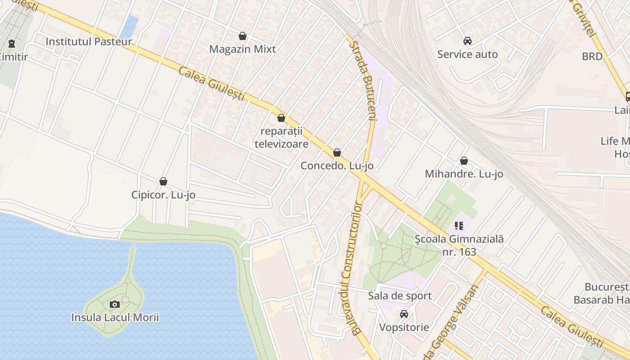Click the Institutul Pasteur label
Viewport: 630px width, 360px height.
pyautogui.click(x=89, y=42)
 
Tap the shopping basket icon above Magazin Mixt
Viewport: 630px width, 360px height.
pyautogui.click(x=243, y=36)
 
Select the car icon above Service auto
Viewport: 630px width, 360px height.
pyautogui.click(x=468, y=41)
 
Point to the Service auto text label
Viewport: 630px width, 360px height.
pyautogui.click(x=468, y=54)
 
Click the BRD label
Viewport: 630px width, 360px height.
pyautogui.click(x=592, y=56)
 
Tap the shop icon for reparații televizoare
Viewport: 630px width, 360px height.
pyautogui.click(x=281, y=118)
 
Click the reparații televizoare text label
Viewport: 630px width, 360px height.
pyautogui.click(x=282, y=138)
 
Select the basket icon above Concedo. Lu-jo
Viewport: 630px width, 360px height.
pyautogui.click(x=337, y=153)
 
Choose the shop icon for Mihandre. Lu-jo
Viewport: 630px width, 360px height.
pyautogui.click(x=464, y=161)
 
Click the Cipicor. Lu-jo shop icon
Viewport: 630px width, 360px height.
pyautogui.click(x=163, y=181)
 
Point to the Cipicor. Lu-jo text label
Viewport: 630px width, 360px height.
pyautogui.click(x=163, y=195)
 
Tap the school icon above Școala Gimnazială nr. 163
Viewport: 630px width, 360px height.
pyautogui.click(x=459, y=225)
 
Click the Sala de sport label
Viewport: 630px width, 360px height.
pyautogui.click(x=400, y=296)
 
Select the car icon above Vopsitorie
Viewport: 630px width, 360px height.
pyautogui.click(x=404, y=314)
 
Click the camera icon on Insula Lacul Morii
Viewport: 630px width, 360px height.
pyautogui.click(x=115, y=304)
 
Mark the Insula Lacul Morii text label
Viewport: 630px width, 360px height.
pyautogui.click(x=115, y=318)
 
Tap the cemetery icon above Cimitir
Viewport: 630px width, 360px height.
pyautogui.click(x=12, y=44)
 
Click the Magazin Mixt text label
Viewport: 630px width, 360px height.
pyautogui.click(x=243, y=49)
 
